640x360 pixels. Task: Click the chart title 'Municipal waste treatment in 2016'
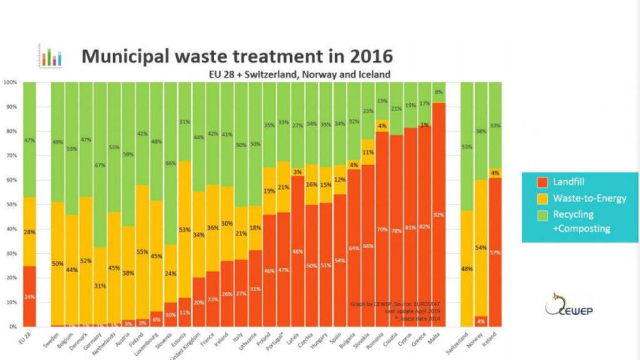237,56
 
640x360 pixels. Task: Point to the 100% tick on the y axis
10,82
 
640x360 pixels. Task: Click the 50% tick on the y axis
11,204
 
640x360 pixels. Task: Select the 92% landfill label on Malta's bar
439,216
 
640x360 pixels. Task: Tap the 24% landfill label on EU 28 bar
29,297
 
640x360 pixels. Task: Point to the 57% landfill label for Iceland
496,252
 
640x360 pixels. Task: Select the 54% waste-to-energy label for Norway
481,248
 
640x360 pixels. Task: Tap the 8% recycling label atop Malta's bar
439,91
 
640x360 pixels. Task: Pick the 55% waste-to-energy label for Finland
142,252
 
